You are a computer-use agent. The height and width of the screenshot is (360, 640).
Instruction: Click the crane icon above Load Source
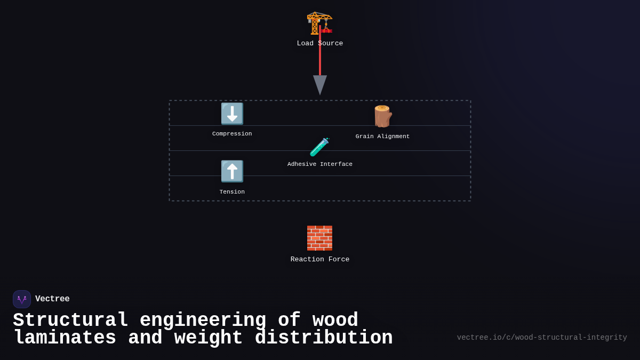pos(319,22)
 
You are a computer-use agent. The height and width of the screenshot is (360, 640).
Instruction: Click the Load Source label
pos(320,44)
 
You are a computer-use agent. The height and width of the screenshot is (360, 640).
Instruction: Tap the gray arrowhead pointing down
pos(320,84)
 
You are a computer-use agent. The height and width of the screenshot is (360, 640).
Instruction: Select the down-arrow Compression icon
pos(232,114)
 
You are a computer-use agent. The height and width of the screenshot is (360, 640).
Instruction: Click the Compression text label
pos(232,134)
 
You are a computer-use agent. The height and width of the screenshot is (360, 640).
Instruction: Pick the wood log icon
pos(383,116)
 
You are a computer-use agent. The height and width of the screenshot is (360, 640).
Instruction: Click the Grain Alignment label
pos(383,137)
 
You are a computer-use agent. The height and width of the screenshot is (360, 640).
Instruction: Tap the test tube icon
pos(319,147)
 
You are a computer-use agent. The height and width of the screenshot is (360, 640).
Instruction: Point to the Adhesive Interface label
pos(320,164)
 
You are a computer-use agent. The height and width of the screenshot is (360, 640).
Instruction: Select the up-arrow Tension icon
pos(232,171)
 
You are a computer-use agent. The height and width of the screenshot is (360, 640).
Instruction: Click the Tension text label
pos(232,192)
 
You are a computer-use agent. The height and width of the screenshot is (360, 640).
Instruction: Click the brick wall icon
pos(319,238)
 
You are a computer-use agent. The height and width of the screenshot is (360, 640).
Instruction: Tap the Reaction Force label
pos(320,260)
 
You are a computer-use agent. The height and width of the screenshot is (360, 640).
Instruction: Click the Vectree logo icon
pos(22,299)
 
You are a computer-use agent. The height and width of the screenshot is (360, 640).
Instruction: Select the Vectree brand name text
pos(52,299)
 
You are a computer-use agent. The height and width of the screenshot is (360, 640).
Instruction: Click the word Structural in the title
pos(70,321)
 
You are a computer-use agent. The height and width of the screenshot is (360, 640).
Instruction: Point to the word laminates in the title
pos(65,338)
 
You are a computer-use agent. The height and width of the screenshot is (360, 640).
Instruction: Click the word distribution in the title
pos(323,338)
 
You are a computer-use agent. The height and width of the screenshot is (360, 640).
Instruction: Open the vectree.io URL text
pos(542,338)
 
